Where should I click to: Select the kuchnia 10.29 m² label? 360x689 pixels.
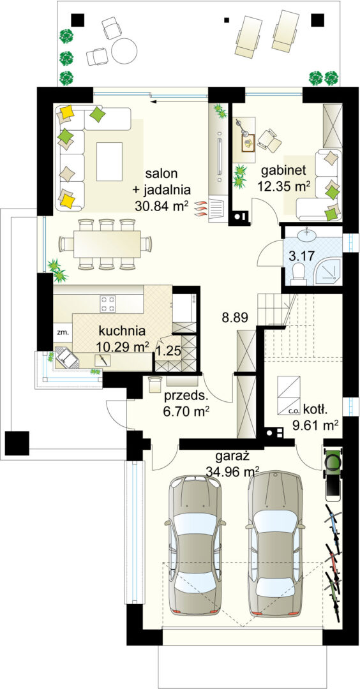[123, 339]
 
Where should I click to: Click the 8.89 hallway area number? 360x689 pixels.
[235, 316]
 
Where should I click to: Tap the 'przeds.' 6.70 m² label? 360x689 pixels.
[186, 403]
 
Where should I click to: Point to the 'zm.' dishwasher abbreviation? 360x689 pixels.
[62, 332]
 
